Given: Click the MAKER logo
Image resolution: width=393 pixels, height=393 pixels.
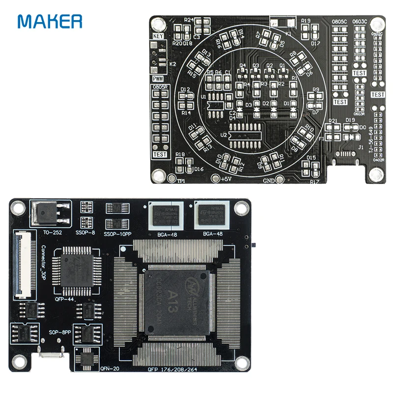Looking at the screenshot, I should [x=50, y=21].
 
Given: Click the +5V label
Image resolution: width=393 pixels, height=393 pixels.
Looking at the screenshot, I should [x=225, y=179].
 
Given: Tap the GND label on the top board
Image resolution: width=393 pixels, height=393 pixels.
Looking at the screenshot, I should [x=269, y=180].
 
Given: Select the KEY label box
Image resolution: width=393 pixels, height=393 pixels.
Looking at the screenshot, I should [x=158, y=36].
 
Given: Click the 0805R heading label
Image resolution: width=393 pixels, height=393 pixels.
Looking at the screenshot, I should [x=160, y=87].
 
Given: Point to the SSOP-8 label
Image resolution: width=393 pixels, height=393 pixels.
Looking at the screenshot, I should [x=85, y=232].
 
